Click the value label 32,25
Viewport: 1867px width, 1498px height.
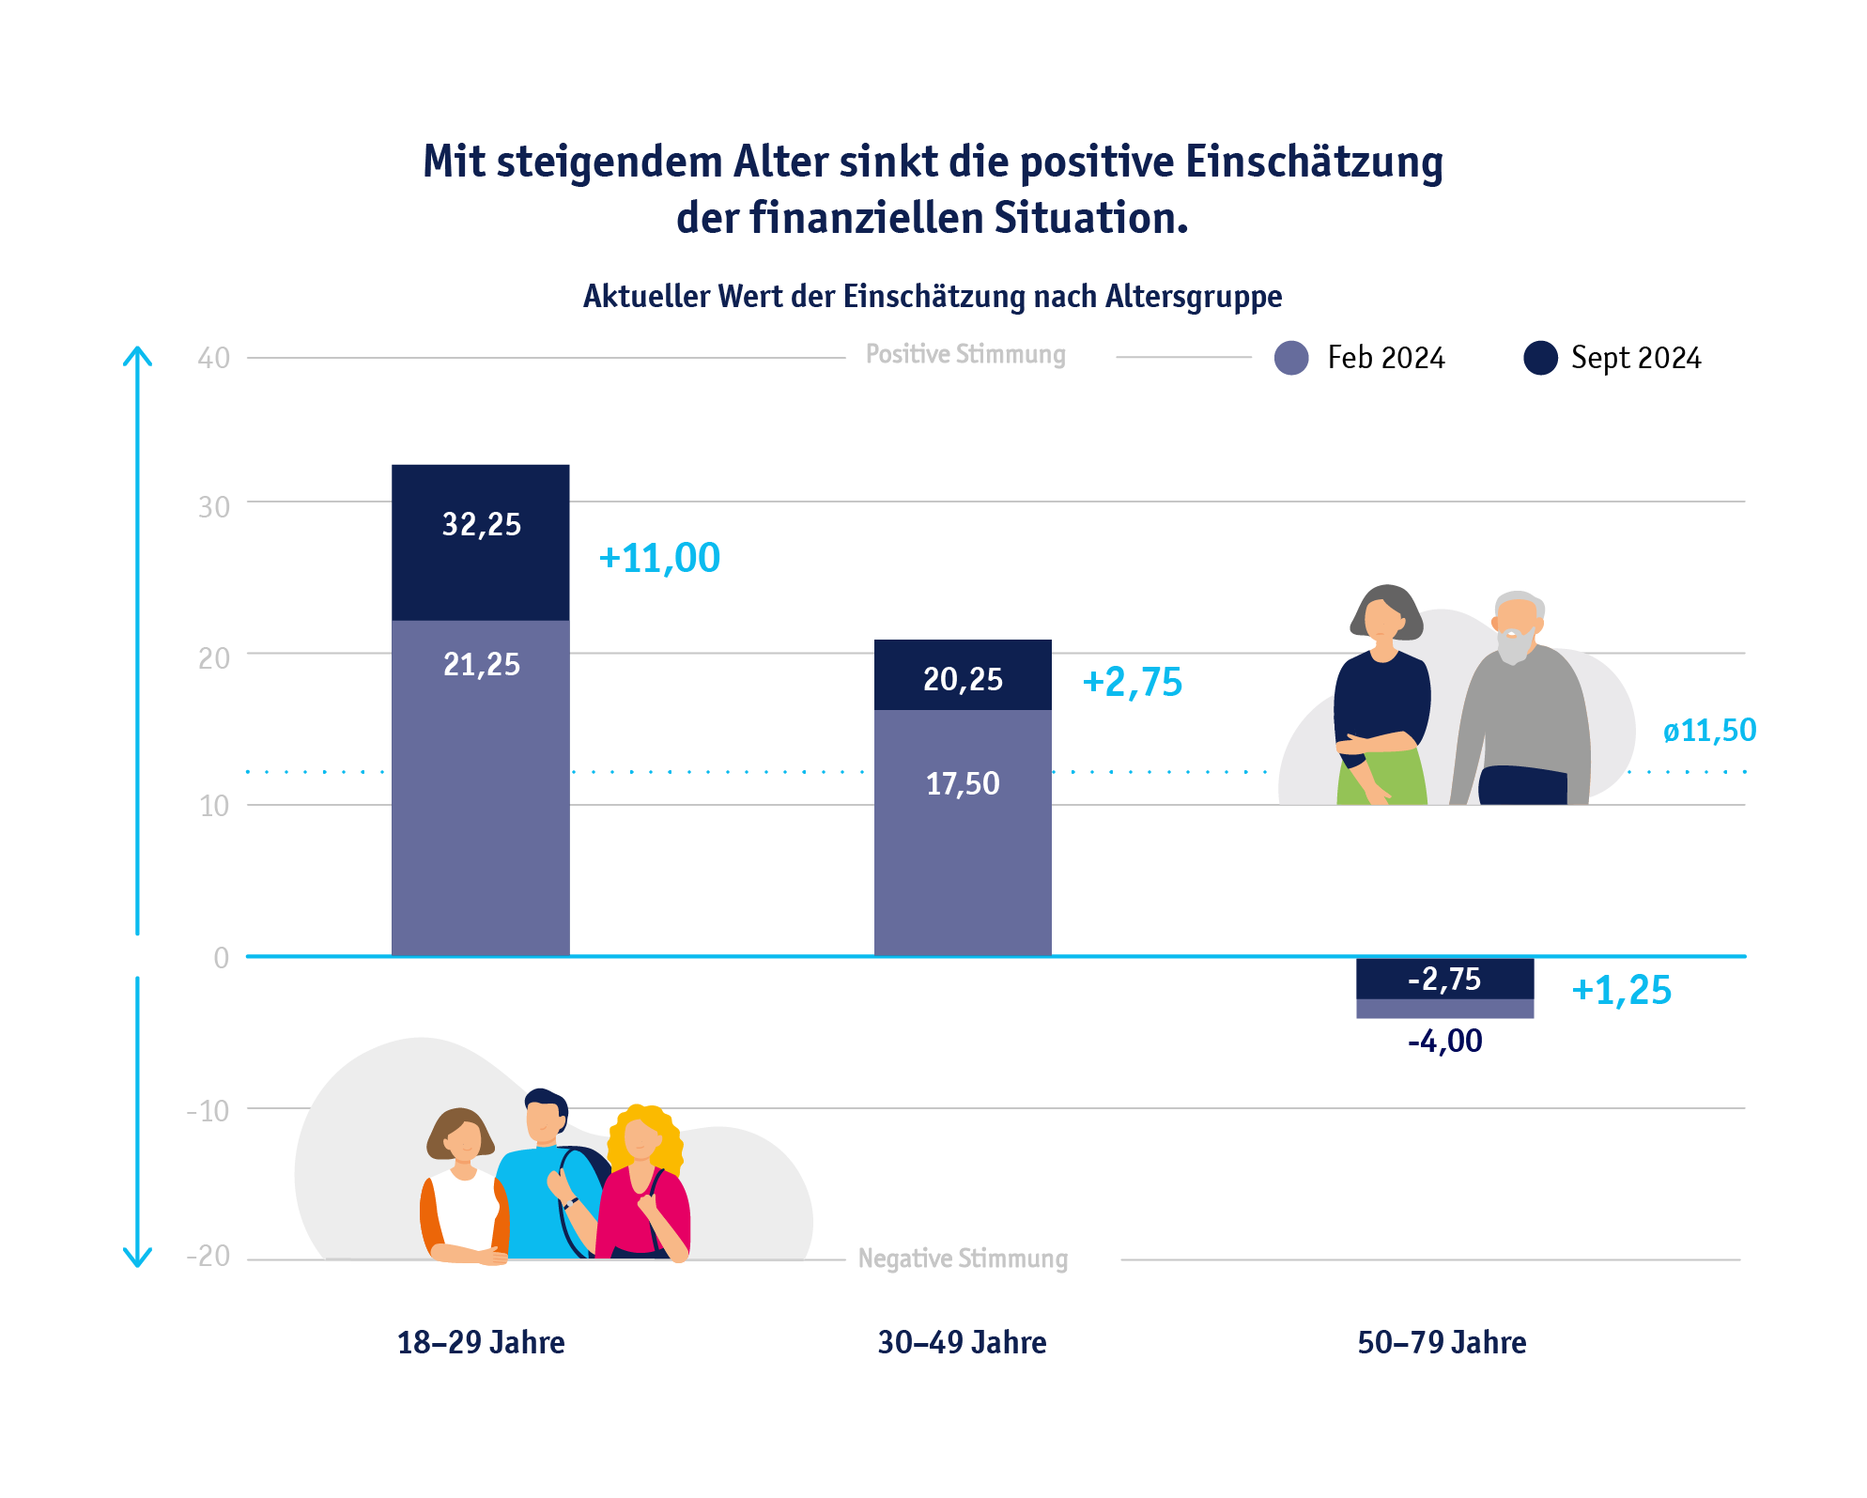coord(481,524)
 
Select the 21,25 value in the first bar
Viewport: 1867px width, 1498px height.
coord(481,664)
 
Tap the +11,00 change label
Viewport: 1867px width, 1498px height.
coord(659,558)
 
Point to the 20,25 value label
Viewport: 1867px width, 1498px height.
coord(963,679)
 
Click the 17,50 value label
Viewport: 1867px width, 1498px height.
coord(963,783)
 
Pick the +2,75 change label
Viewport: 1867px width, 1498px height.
coord(1132,682)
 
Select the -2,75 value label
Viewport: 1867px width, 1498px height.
coord(1444,980)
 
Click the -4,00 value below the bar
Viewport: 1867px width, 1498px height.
coord(1444,1041)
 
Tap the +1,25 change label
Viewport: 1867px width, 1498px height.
coord(1622,990)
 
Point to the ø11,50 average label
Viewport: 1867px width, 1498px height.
coord(1709,731)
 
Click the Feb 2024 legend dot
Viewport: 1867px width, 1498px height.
coord(1291,358)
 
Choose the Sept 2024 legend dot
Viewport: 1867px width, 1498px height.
coord(1540,358)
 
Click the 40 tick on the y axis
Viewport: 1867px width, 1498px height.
coord(214,358)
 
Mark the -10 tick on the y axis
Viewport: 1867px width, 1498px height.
coord(208,1111)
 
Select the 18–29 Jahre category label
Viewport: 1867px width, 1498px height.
coord(481,1342)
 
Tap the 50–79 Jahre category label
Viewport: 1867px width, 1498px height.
coord(1442,1342)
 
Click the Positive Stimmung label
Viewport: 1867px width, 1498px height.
coord(965,354)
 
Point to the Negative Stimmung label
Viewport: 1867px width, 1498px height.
coord(963,1259)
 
